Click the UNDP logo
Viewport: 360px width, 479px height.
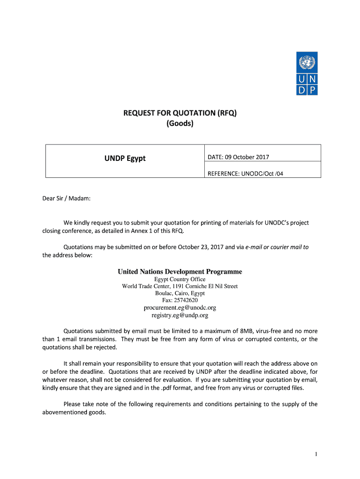(307, 73)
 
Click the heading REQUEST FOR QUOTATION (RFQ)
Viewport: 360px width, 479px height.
(180, 113)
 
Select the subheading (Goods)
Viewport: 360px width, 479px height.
(180, 123)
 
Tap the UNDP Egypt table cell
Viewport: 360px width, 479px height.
(125, 158)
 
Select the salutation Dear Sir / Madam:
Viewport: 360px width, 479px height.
(66, 198)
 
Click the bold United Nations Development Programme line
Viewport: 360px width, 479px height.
(180, 272)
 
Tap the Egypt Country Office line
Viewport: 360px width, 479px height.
(180, 279)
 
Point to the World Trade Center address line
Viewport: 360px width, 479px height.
(180, 286)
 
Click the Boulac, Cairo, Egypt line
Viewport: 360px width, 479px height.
(180, 293)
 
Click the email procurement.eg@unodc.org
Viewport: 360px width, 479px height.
(180, 308)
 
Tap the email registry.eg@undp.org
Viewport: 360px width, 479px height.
(180, 315)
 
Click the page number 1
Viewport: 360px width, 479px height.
(316, 454)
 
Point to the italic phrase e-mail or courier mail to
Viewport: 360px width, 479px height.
(277, 247)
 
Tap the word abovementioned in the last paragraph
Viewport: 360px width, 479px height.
(65, 413)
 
